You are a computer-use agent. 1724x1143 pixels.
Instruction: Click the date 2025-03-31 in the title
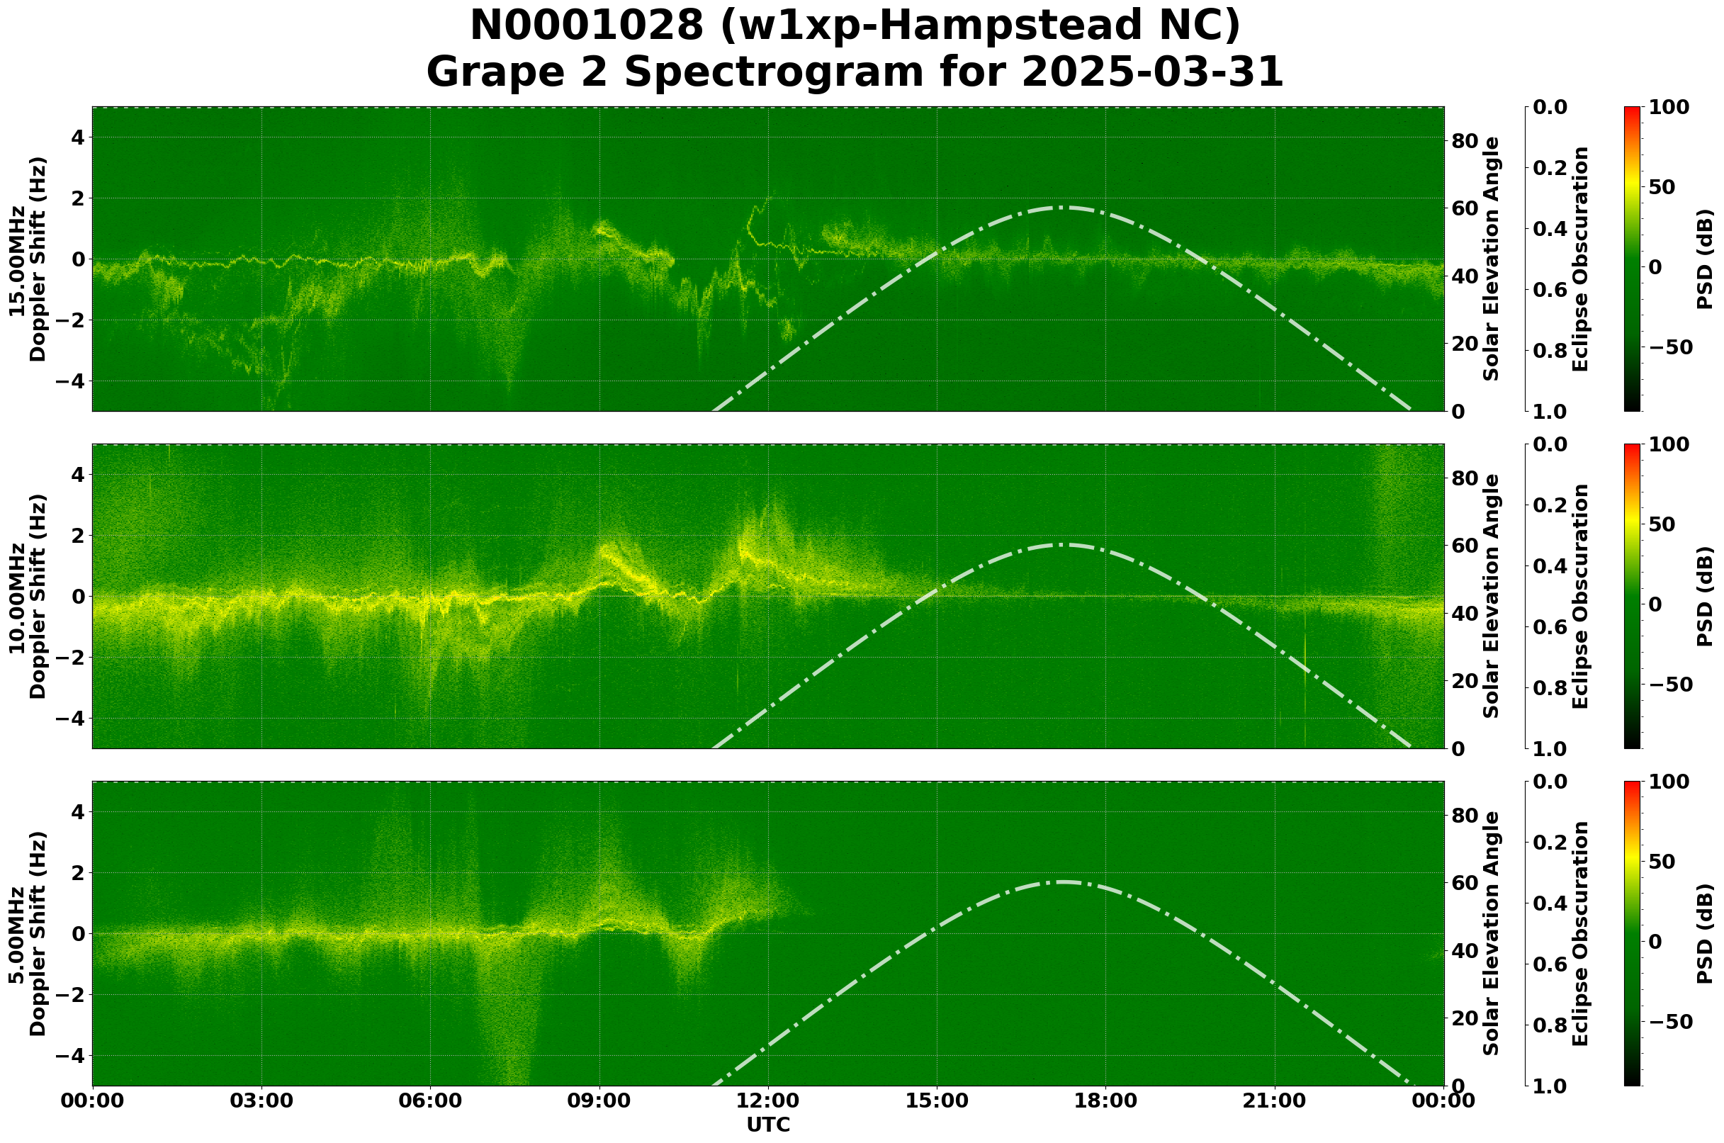tap(1151, 73)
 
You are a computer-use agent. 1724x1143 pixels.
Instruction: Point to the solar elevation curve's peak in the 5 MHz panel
tap(1061, 882)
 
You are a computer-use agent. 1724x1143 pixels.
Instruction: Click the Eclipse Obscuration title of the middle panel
tap(1580, 596)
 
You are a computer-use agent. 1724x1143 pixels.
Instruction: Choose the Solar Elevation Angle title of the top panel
tap(1492, 259)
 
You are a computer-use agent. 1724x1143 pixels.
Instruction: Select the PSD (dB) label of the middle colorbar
tap(1704, 596)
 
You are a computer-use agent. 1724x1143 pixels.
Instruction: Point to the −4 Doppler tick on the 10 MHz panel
tap(72, 719)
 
